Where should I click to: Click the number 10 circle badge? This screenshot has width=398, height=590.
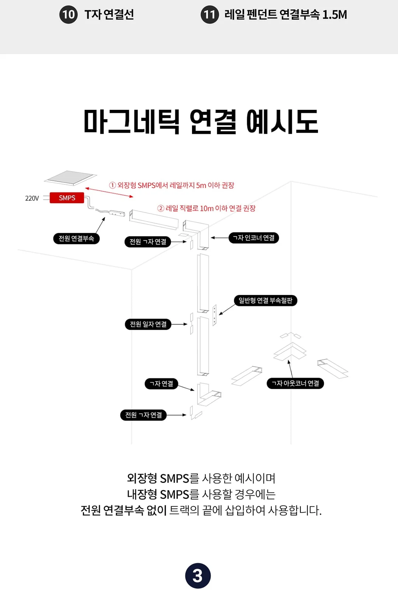click(69, 14)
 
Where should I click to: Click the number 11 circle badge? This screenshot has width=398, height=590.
click(210, 14)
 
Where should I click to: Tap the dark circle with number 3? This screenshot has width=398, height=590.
click(198, 576)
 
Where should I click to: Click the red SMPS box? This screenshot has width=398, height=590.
click(67, 198)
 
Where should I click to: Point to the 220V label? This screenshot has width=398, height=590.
click(32, 198)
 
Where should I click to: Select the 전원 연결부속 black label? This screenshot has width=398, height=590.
click(76, 239)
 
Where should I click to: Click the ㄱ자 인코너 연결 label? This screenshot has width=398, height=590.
click(254, 238)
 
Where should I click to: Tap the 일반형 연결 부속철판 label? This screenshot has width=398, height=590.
click(266, 301)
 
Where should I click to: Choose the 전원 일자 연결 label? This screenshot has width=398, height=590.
click(148, 324)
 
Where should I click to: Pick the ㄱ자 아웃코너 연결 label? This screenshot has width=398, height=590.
click(295, 383)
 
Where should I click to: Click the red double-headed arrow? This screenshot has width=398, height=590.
click(109, 192)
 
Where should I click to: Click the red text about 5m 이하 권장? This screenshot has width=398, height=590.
click(172, 185)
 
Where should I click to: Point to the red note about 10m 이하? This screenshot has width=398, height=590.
click(207, 209)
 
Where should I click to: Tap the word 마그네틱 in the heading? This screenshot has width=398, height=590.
click(132, 122)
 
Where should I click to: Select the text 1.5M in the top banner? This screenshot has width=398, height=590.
click(335, 15)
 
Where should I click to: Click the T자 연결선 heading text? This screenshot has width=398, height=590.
click(109, 14)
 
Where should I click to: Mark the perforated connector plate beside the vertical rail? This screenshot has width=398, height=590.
click(214, 315)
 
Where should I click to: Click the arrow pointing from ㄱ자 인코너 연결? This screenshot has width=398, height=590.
click(220, 238)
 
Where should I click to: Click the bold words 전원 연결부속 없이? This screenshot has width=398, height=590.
click(124, 511)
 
